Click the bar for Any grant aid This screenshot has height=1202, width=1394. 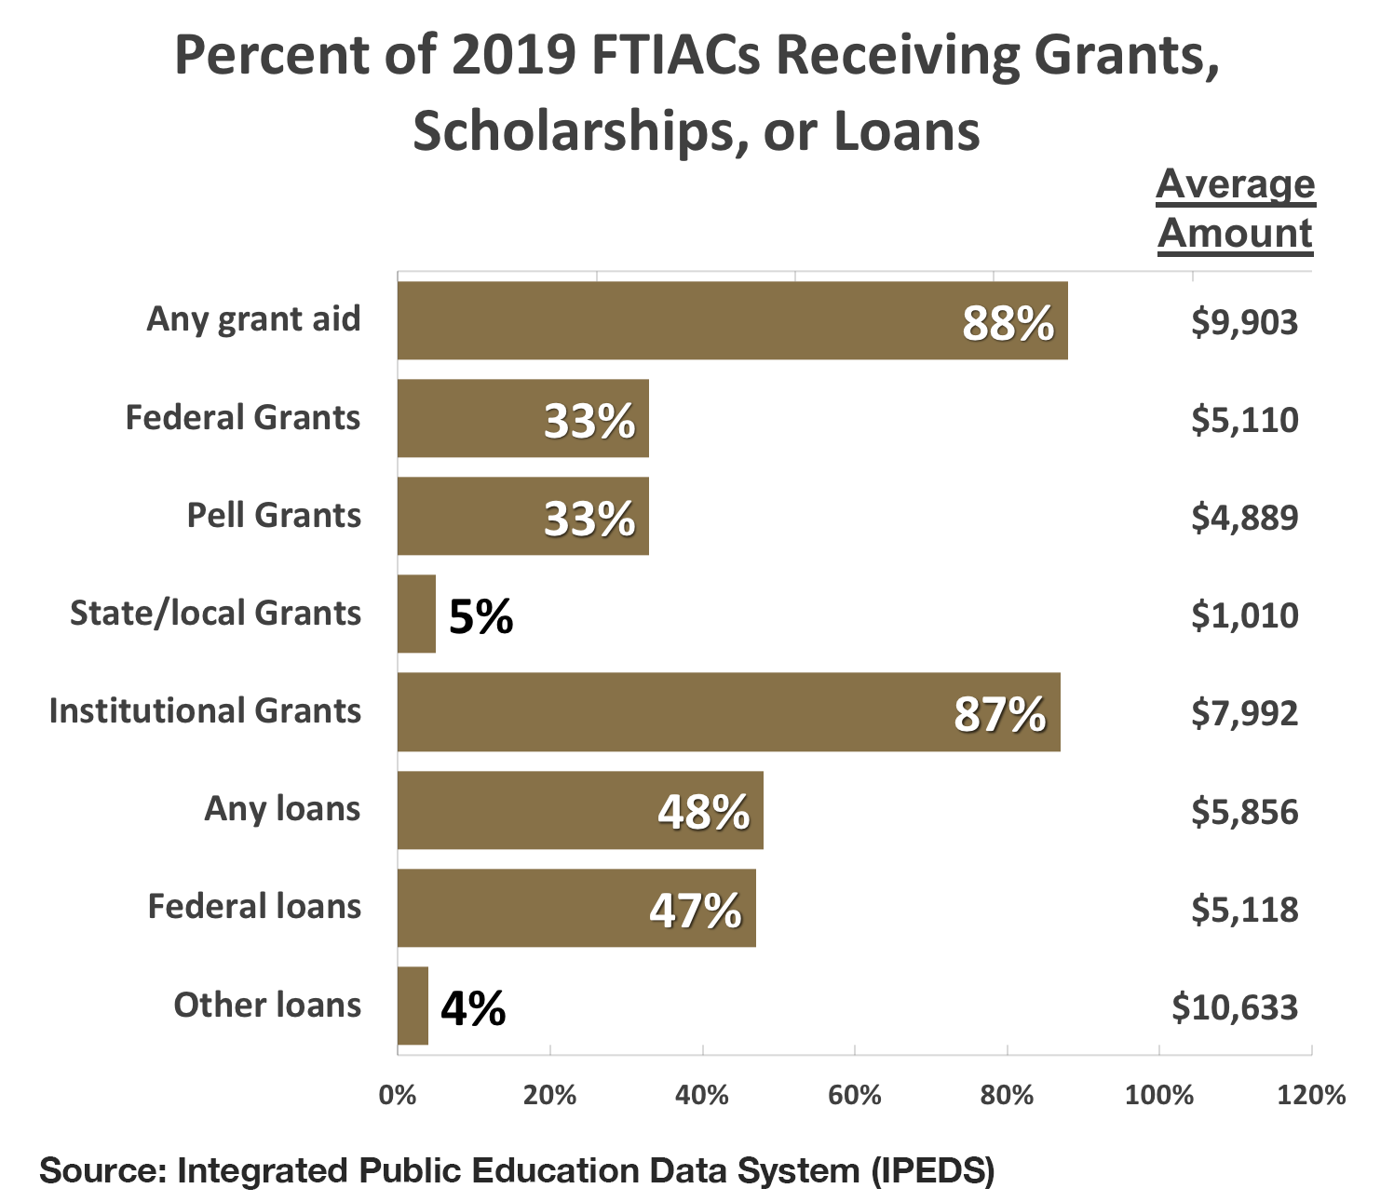732,320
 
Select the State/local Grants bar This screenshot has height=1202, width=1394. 416,614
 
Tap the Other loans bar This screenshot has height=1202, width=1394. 413,1006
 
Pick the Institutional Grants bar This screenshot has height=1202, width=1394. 728,712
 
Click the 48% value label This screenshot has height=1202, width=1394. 703,812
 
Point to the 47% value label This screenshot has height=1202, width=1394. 695,910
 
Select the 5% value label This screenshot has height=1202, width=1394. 480,616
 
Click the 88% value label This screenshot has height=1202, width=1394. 1008,323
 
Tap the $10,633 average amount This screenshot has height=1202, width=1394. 1235,1007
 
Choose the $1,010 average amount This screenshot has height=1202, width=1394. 1244,615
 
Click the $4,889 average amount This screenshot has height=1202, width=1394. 1244,518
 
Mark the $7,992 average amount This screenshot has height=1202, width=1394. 1244,713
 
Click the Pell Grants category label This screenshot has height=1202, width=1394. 274,516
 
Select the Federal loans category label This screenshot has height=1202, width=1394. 254,907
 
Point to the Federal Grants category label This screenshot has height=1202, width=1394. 242,418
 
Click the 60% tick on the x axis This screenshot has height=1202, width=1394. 854,1095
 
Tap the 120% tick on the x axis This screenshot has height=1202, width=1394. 1311,1095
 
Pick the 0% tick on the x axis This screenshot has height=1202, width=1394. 398,1095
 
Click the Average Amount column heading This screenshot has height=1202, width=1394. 1236,209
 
